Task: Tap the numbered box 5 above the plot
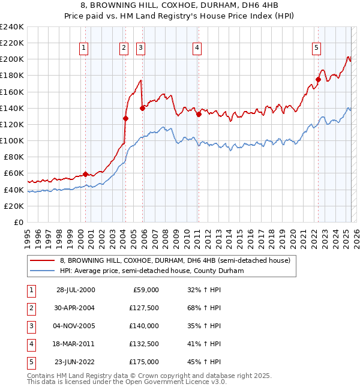[x=316, y=49]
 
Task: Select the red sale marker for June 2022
[x=318, y=79]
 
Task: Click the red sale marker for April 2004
[x=125, y=118]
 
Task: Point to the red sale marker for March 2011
[x=198, y=114]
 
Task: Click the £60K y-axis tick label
[x=14, y=173]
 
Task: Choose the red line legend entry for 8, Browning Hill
[x=175, y=260]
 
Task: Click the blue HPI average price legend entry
[x=160, y=271]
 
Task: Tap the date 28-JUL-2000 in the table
[x=76, y=290]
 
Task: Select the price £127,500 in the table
[x=144, y=308]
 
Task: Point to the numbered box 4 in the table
[x=31, y=344]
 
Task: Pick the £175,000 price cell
[x=144, y=362]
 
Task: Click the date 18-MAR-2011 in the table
[x=76, y=344]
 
